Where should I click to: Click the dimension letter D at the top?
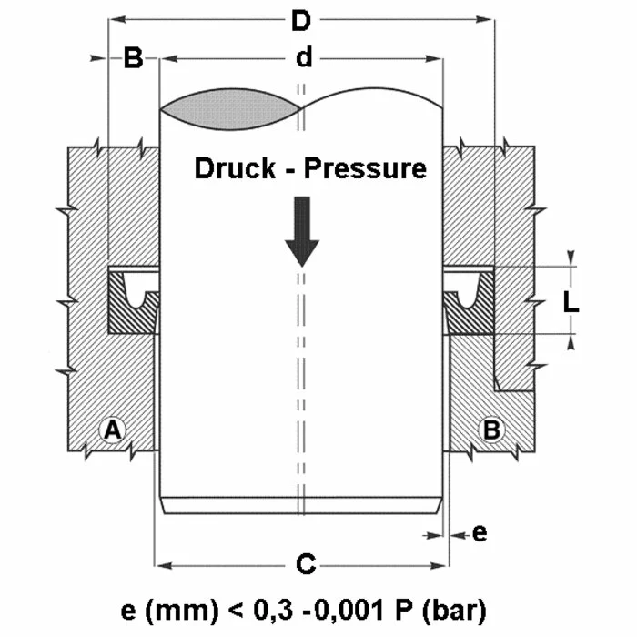pos(300,19)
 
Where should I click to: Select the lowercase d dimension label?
pos(304,58)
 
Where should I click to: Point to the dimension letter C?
pos(307,565)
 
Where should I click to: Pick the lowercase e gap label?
pos(480,533)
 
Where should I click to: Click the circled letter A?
pos(113,430)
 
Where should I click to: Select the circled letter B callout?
pos(492,430)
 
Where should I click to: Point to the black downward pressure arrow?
pos(301,231)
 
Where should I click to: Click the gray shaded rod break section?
pos(230,107)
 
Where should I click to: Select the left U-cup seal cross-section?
pos(133,301)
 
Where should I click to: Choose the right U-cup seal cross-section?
pos(469,301)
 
